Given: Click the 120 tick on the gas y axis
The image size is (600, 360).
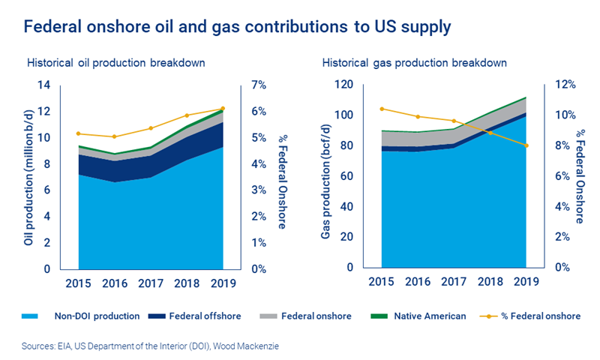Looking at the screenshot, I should coord(344,85).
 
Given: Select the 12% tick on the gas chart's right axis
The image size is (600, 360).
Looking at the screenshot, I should coord(564,85).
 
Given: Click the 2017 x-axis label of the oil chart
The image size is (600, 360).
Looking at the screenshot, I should coord(151,283).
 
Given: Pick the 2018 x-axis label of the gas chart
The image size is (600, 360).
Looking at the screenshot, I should coord(487,283).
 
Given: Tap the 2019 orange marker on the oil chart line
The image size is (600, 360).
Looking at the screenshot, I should coord(222,109).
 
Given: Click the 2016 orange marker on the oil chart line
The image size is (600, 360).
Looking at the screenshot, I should coord(114,136).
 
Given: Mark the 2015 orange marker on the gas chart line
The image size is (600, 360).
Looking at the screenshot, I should coord(382,109).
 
